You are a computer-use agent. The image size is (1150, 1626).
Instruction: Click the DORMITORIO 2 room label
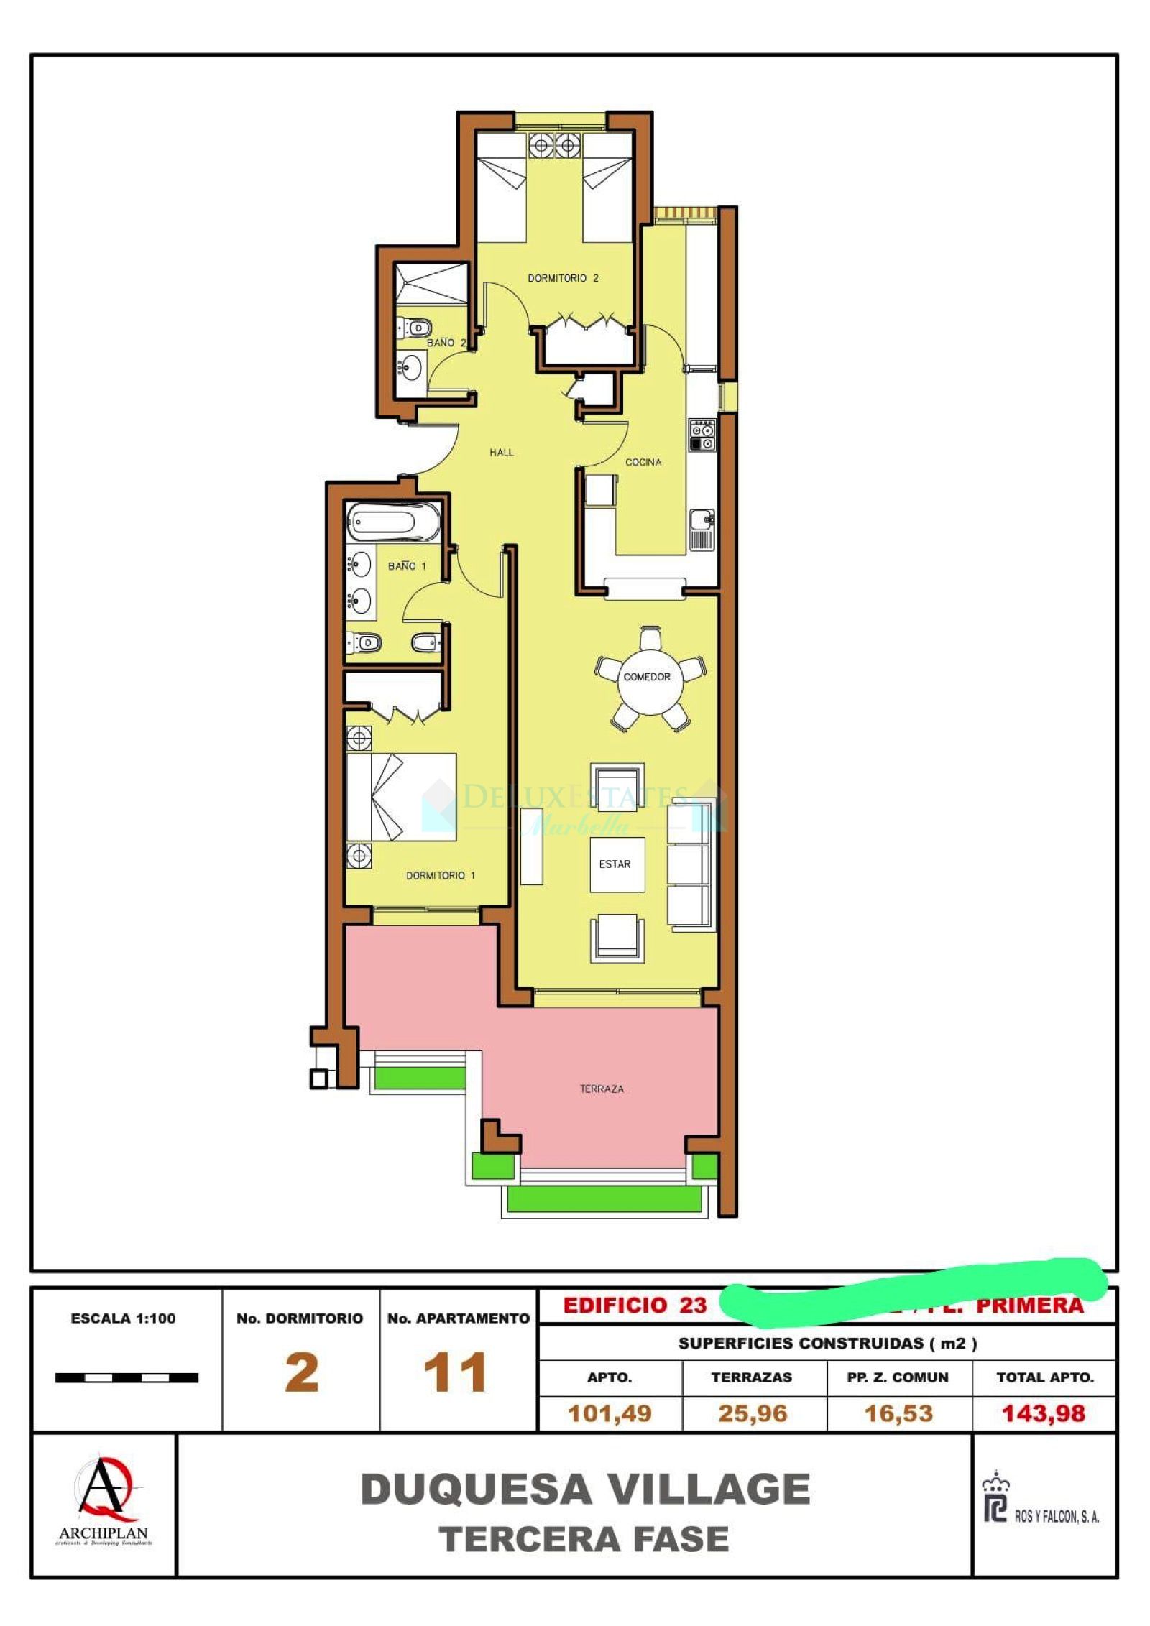[x=562, y=277]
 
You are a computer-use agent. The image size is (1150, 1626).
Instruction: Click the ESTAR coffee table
[x=616, y=864]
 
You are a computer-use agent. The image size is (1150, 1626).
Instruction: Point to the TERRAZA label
[x=601, y=1089]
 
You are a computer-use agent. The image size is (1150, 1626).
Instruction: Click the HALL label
[x=501, y=452]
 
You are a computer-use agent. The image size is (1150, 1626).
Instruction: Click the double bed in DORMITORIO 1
[x=400, y=796]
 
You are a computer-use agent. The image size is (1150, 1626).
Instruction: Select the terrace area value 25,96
[x=752, y=1413]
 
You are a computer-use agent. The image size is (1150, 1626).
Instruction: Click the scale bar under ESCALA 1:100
[x=126, y=1377]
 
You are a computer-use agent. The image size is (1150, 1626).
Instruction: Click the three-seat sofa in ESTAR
[x=688, y=867]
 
